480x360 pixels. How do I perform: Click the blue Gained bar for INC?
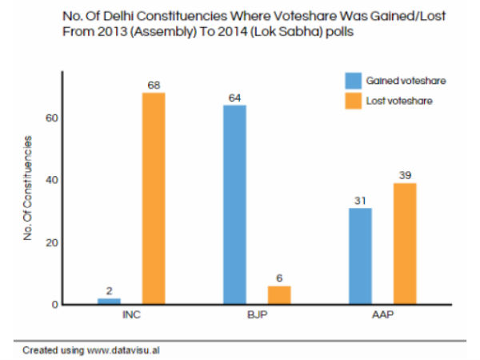pyautogui.click(x=109, y=301)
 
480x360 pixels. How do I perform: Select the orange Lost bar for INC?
pyautogui.click(x=154, y=198)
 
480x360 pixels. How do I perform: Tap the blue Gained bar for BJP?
pyautogui.click(x=234, y=205)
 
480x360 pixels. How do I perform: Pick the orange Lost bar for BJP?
pyautogui.click(x=279, y=295)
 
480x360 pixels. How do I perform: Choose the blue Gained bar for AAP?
pyautogui.click(x=360, y=256)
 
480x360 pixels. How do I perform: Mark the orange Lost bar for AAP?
pyautogui.click(x=405, y=244)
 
